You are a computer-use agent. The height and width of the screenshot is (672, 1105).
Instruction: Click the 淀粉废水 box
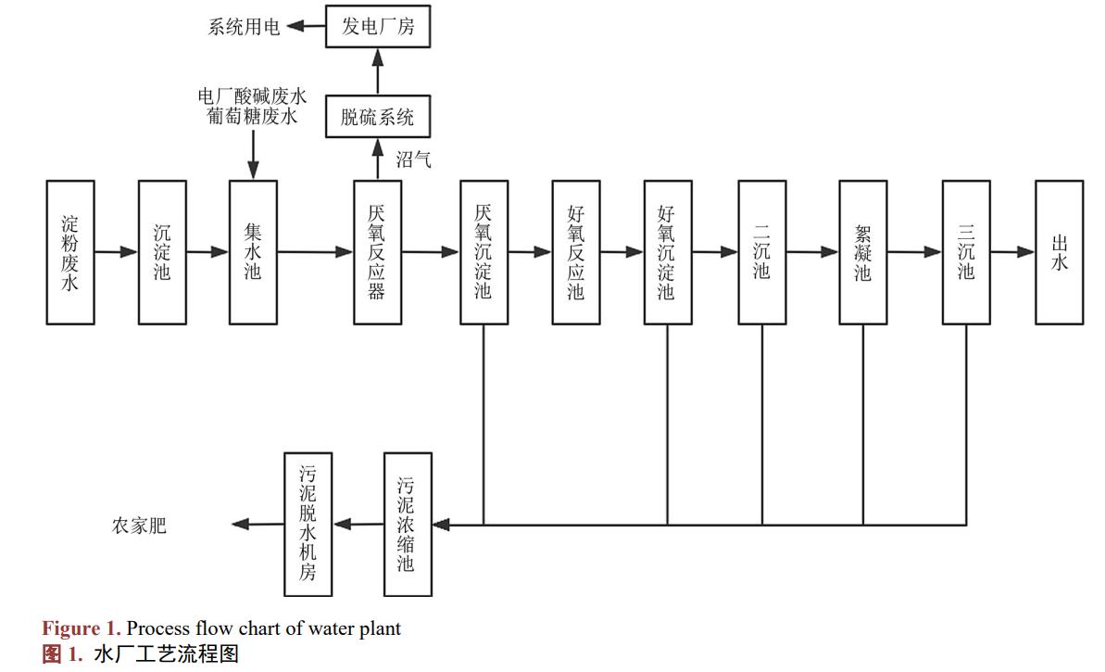tap(70, 252)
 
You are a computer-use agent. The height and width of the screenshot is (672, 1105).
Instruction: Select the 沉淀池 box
tap(162, 252)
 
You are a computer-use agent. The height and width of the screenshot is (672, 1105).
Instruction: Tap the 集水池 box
tap(253, 252)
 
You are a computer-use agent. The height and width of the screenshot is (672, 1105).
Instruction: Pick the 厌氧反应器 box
tap(377, 252)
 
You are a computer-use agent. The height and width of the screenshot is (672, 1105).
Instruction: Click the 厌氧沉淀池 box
tap(483, 252)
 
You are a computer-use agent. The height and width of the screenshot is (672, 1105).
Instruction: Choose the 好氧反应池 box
tap(575, 252)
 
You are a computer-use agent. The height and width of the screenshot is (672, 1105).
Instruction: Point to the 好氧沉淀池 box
tap(668, 252)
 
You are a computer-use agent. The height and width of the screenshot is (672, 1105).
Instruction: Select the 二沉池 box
tap(761, 252)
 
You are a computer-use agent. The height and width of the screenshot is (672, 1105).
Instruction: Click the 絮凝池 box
tap(862, 252)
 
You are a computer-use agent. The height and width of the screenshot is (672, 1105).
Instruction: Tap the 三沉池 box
tap(966, 252)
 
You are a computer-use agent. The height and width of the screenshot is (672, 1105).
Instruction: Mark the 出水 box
tap(1059, 252)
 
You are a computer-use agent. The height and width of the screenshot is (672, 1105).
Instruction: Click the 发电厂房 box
tap(378, 26)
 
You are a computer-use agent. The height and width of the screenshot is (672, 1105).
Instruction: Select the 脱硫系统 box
tap(378, 117)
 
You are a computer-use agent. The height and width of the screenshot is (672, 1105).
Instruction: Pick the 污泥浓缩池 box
tap(408, 524)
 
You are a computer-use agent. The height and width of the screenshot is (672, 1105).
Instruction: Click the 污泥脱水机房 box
tap(308, 524)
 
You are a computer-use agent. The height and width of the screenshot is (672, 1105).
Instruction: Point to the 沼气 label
tap(413, 159)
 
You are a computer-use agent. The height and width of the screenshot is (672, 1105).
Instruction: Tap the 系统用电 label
tap(244, 27)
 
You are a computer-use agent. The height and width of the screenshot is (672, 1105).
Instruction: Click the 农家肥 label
tap(140, 526)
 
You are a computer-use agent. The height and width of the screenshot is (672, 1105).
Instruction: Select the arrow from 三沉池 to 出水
tap(1012, 252)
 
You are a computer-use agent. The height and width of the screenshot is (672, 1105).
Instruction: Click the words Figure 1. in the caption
tap(82, 628)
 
